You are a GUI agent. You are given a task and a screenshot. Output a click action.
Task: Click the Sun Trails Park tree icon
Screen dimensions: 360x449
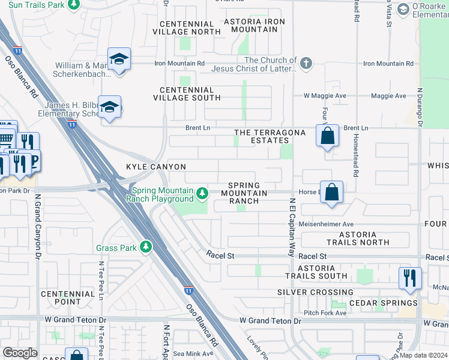(x=73, y=5)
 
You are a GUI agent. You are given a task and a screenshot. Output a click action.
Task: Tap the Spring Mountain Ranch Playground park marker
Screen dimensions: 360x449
(x=203, y=193)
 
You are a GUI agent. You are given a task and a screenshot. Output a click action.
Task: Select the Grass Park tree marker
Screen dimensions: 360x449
(x=145, y=247)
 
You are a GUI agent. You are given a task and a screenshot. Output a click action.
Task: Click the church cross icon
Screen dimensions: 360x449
(x=306, y=63)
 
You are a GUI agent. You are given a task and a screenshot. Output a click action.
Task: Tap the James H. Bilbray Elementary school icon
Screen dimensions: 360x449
(x=110, y=108)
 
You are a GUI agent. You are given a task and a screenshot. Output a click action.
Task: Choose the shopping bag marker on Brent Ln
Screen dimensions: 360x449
(x=328, y=136)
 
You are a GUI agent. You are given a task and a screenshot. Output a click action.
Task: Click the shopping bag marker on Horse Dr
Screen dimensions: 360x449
(x=331, y=193)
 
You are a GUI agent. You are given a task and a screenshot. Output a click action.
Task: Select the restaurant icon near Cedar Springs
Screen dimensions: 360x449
(x=410, y=278)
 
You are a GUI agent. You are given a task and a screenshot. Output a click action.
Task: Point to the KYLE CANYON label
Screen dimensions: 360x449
(x=155, y=167)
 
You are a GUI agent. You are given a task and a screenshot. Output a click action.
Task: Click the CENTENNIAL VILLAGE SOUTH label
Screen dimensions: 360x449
(x=187, y=93)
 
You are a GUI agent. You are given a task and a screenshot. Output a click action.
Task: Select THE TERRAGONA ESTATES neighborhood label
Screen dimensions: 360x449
(x=270, y=136)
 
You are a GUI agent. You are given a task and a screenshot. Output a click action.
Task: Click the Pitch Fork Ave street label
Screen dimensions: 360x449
(x=325, y=313)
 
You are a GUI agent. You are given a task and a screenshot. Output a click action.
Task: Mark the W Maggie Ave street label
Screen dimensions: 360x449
(x=325, y=95)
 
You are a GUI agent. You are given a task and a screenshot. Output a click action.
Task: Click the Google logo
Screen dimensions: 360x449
(x=20, y=353)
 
